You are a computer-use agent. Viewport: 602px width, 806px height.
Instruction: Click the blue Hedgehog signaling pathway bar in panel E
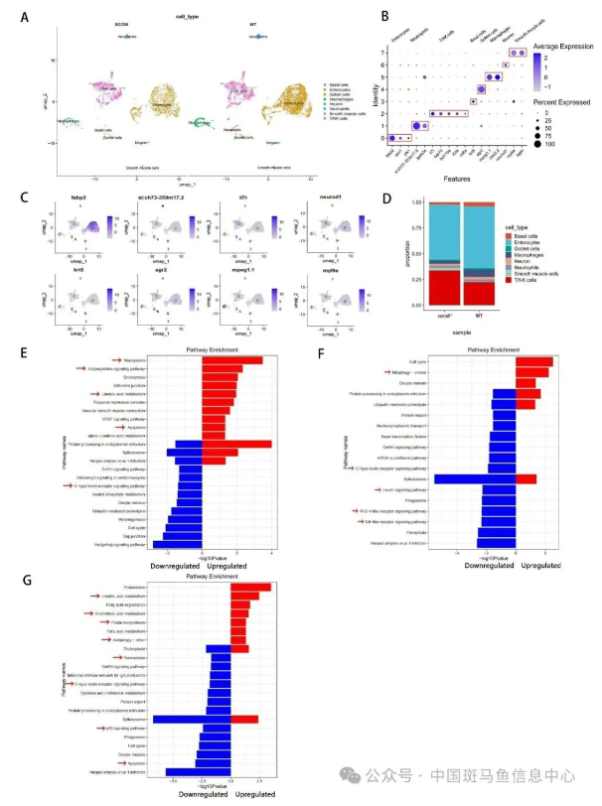point(177,544)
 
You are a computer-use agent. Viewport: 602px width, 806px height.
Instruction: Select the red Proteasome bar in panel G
point(249,587)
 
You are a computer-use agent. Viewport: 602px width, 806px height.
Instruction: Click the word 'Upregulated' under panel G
point(257,794)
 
